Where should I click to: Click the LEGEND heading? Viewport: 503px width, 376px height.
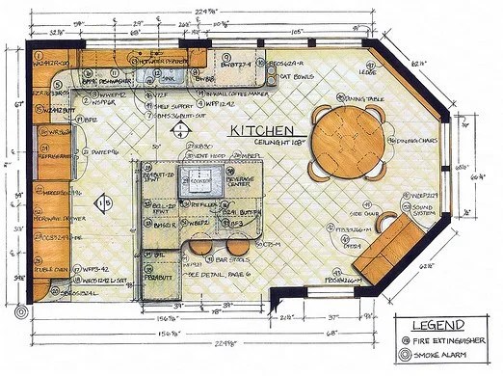pyautogui.click(x=445, y=324)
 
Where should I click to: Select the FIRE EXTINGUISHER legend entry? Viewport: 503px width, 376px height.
pyautogui.click(x=451, y=339)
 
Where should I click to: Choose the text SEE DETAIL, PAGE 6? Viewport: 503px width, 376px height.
pyautogui.click(x=200, y=274)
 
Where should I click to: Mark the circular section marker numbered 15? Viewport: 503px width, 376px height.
pyautogui.click(x=104, y=201)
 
